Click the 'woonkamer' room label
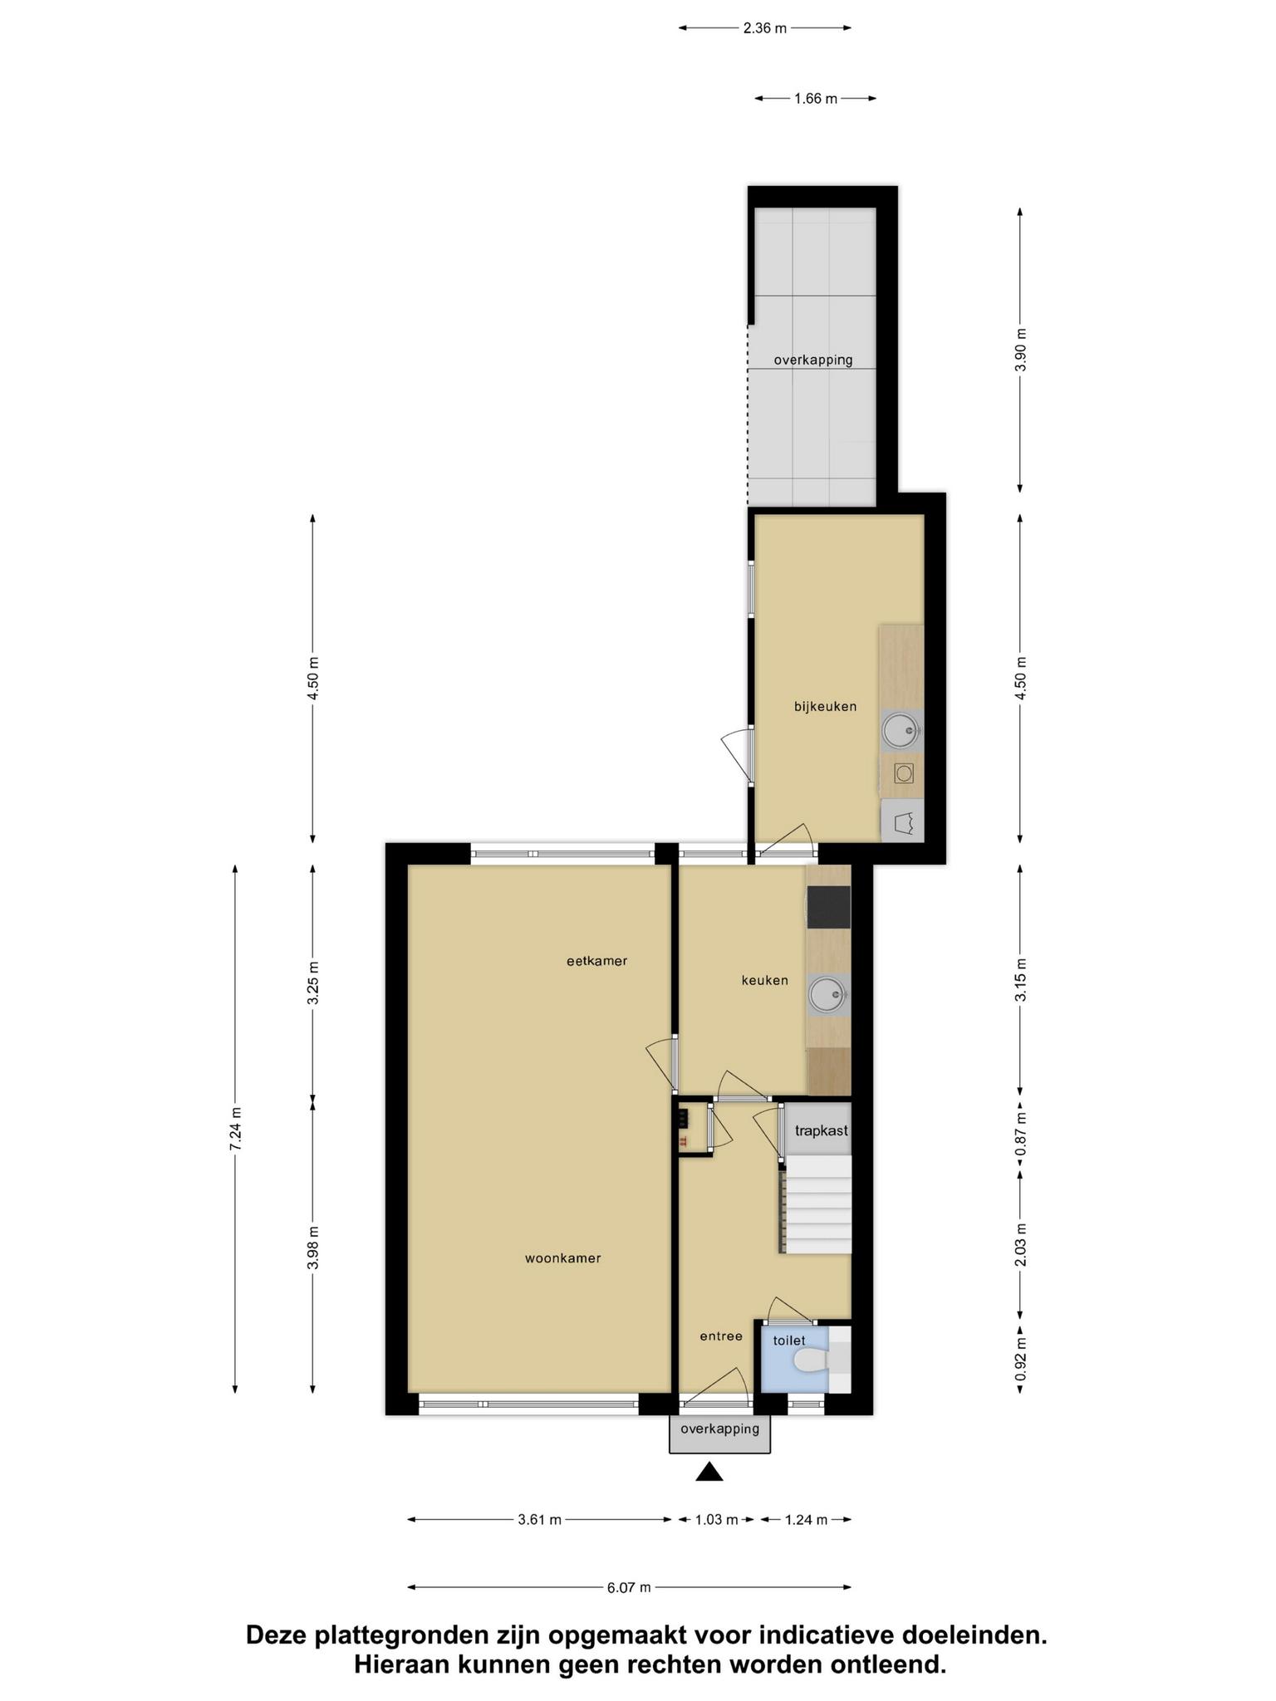(562, 1258)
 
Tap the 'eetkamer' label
(596, 961)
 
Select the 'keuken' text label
(764, 980)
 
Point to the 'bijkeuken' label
(825, 707)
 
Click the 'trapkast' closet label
(821, 1130)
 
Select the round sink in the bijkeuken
(901, 731)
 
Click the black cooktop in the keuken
(828, 907)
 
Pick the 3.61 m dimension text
(539, 1520)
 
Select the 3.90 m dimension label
(1020, 350)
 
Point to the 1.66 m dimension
(815, 99)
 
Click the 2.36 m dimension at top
(764, 28)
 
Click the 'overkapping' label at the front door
(719, 1429)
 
